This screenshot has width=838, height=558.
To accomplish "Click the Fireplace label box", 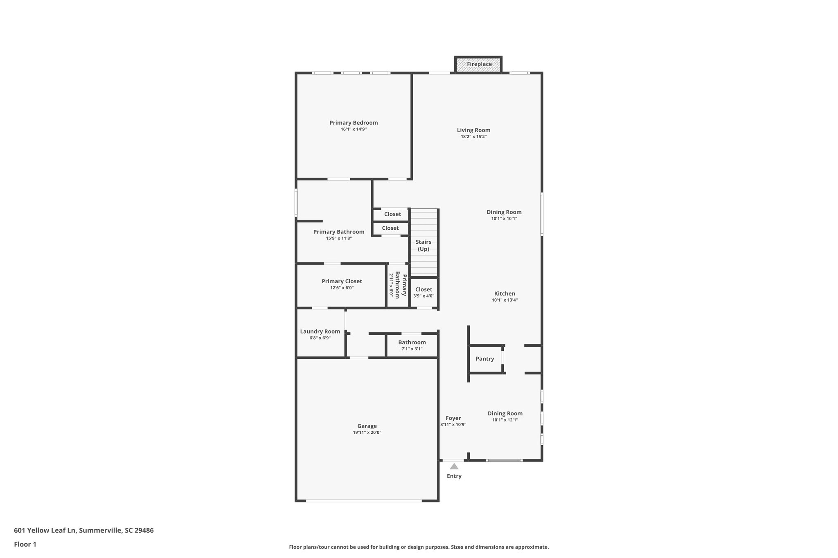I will point(479,65).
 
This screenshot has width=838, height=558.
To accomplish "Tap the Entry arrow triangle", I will point(454,466).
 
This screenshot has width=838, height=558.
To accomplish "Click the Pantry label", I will point(484,359).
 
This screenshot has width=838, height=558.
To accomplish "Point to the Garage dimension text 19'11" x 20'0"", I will point(367,433).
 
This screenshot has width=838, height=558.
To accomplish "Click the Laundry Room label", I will point(320,332).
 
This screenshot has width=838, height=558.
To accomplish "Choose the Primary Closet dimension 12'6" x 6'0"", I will point(342,288).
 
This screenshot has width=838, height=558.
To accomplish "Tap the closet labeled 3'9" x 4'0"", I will point(424,293).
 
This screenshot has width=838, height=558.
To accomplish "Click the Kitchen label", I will point(505,294).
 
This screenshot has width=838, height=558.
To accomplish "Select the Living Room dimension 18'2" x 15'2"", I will point(473,137).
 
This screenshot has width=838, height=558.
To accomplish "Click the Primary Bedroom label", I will point(354,123).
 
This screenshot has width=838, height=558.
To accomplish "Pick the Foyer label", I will point(453,418).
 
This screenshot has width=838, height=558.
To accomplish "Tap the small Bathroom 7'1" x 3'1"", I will point(412,345).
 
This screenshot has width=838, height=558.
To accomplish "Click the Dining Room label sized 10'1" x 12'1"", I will point(505,414).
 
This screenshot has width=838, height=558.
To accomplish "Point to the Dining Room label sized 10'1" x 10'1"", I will point(504,212).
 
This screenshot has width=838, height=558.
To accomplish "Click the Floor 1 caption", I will point(25,545).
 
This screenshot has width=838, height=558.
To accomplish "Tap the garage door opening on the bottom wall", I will point(363,500).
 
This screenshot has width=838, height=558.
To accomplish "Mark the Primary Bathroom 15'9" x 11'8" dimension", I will point(339,238).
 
